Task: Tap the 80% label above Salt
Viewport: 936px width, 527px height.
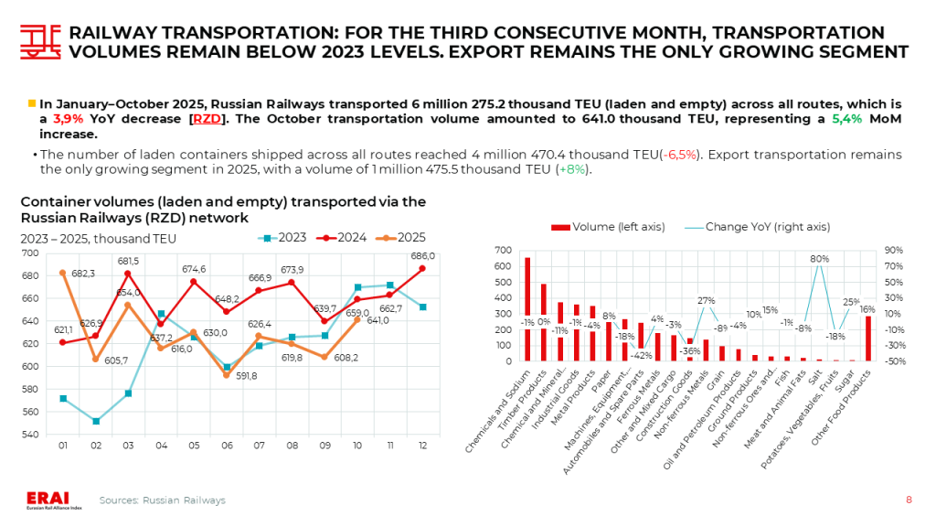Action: pos(819,259)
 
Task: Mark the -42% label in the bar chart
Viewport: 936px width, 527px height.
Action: pos(642,355)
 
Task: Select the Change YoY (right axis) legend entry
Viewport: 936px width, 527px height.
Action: pos(755,227)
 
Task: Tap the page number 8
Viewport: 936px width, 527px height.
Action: pos(909,500)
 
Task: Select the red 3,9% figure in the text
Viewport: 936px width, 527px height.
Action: pos(68,119)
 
